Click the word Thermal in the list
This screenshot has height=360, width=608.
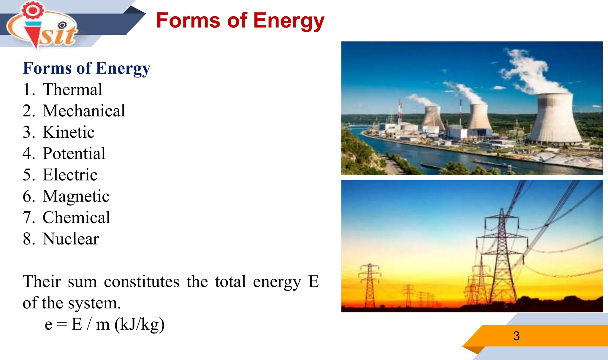[x=72, y=89]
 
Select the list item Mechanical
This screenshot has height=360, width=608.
[x=84, y=111]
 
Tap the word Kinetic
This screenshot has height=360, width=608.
[x=69, y=132]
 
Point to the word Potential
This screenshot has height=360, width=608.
[x=74, y=153]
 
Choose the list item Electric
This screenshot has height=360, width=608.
[x=70, y=175]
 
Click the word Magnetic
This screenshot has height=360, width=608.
[x=76, y=196]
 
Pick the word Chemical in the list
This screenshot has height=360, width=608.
[x=76, y=218]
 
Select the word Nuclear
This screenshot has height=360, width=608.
[x=71, y=239]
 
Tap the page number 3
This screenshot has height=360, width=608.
[x=516, y=336]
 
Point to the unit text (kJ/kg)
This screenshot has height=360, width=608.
[x=140, y=324]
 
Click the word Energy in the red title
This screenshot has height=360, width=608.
[x=289, y=21]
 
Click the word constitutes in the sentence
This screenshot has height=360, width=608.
[x=142, y=282]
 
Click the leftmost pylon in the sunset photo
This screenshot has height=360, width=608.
[x=369, y=285]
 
